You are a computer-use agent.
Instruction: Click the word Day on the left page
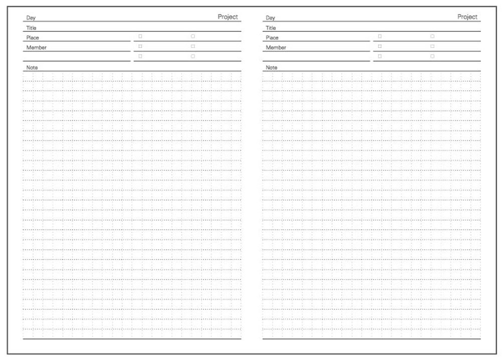click(x=31, y=18)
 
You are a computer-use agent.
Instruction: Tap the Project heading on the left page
click(x=227, y=17)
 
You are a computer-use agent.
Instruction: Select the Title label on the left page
click(x=31, y=28)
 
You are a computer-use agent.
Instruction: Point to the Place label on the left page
click(x=33, y=38)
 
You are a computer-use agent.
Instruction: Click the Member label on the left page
click(x=36, y=48)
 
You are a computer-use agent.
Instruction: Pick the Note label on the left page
click(x=32, y=67)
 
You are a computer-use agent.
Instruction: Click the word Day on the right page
click(x=270, y=18)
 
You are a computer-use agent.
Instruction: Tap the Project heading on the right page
click(x=467, y=17)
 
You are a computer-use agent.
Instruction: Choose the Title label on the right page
click(x=271, y=28)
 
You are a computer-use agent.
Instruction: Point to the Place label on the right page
click(x=272, y=38)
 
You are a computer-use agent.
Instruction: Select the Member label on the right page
click(x=276, y=48)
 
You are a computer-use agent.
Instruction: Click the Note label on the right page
click(x=271, y=67)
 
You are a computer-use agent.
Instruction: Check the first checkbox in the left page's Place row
click(x=140, y=36)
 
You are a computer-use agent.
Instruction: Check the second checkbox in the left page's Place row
click(x=193, y=36)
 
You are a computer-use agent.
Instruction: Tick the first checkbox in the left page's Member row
click(x=140, y=46)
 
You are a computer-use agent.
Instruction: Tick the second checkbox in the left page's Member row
click(x=193, y=46)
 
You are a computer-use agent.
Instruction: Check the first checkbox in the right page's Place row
click(x=380, y=36)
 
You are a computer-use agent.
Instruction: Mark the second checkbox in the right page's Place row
click(x=432, y=36)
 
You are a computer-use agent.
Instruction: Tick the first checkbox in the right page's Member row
click(x=380, y=46)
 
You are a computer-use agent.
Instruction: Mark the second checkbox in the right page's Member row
click(x=432, y=46)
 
